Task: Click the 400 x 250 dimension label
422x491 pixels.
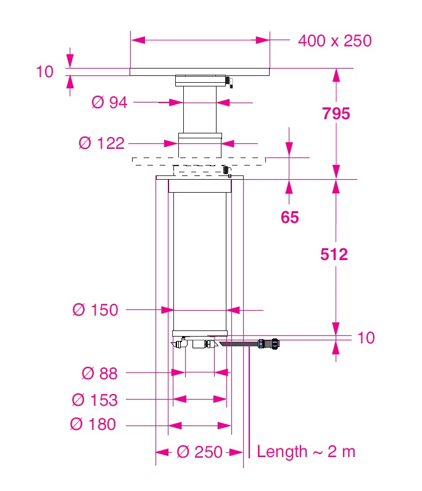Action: coord(334,41)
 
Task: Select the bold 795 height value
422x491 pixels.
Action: coord(335,114)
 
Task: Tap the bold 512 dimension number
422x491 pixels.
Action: coord(334,254)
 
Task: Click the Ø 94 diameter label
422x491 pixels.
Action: coord(109,103)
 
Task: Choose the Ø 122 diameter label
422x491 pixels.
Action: coord(102,144)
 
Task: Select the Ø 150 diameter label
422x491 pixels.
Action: coord(95,310)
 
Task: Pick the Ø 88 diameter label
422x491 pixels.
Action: coord(99,373)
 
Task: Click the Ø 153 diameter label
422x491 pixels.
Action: coord(94,400)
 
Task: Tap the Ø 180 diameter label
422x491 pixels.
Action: coord(93,425)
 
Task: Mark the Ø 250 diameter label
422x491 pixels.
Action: coord(199,452)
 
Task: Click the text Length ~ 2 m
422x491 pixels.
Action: coord(306,451)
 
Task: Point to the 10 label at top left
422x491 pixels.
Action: coord(45,72)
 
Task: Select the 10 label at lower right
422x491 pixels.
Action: coord(366,338)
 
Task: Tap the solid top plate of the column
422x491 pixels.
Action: coord(200,72)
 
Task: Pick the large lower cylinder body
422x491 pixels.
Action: coord(200,259)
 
